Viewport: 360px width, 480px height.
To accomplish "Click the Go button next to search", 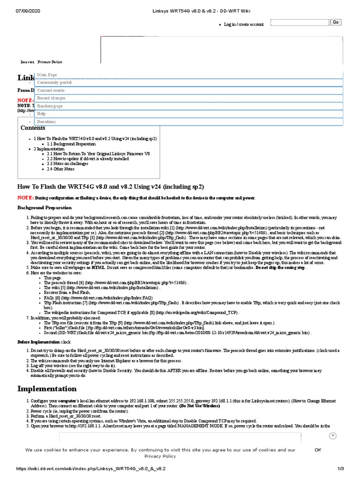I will point(336,22).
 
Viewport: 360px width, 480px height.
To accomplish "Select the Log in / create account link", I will point(244,24).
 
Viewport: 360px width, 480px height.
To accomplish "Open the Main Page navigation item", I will point(47,75).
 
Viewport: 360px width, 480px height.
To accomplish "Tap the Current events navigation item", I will point(51,90).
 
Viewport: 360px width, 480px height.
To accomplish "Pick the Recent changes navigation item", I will point(52,98).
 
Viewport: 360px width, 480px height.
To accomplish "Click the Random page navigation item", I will point(50,106).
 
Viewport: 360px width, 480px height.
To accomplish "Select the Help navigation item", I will point(41,114).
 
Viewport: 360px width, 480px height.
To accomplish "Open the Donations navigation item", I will point(46,121).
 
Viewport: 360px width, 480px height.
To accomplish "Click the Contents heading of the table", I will point(33,128).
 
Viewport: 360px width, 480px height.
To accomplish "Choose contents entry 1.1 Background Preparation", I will point(71,144).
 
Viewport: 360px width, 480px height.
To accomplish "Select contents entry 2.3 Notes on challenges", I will point(68,164).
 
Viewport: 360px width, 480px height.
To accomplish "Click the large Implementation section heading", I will point(47,389).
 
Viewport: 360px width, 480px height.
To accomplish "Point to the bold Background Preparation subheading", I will point(45,207).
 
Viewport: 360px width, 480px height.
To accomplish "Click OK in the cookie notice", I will point(318,450).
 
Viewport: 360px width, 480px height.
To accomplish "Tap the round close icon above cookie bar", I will point(332,435).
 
